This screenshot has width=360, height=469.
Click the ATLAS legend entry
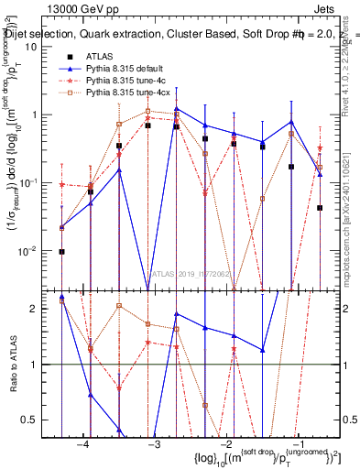point(99,56)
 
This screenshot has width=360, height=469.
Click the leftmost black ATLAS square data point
point(62,251)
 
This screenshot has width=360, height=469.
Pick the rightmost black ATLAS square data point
point(320,208)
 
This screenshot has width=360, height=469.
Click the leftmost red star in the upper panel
point(62,185)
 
